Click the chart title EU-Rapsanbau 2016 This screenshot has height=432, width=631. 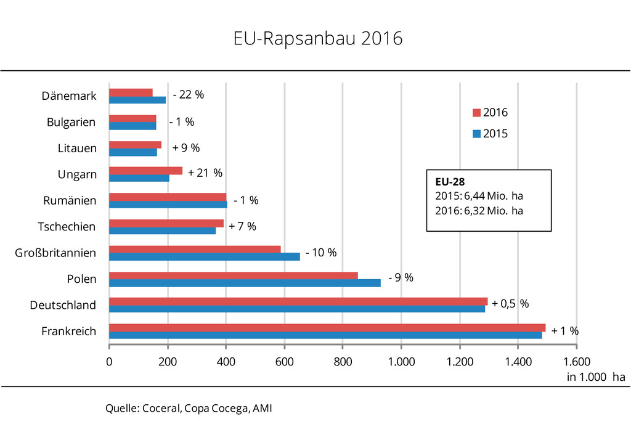317,39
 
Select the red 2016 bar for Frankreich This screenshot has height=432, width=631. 327,327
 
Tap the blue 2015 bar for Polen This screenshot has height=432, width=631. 245,283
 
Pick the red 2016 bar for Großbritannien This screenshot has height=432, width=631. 195,249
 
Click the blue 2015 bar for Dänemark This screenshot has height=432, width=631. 137,100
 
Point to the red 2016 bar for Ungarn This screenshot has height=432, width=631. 145,171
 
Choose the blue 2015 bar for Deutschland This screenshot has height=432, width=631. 296,309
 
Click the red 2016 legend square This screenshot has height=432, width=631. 476,113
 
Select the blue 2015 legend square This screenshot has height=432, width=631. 476,134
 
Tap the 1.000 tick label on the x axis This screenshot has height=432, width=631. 401,362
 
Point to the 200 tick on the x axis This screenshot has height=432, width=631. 168,362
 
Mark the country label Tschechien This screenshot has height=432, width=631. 67,226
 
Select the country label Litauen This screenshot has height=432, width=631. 77,148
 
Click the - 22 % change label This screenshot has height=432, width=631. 188,95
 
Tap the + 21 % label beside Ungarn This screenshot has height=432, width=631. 205,173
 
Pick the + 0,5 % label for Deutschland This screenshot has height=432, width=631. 510,303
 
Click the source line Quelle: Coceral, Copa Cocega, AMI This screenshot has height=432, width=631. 189,408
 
